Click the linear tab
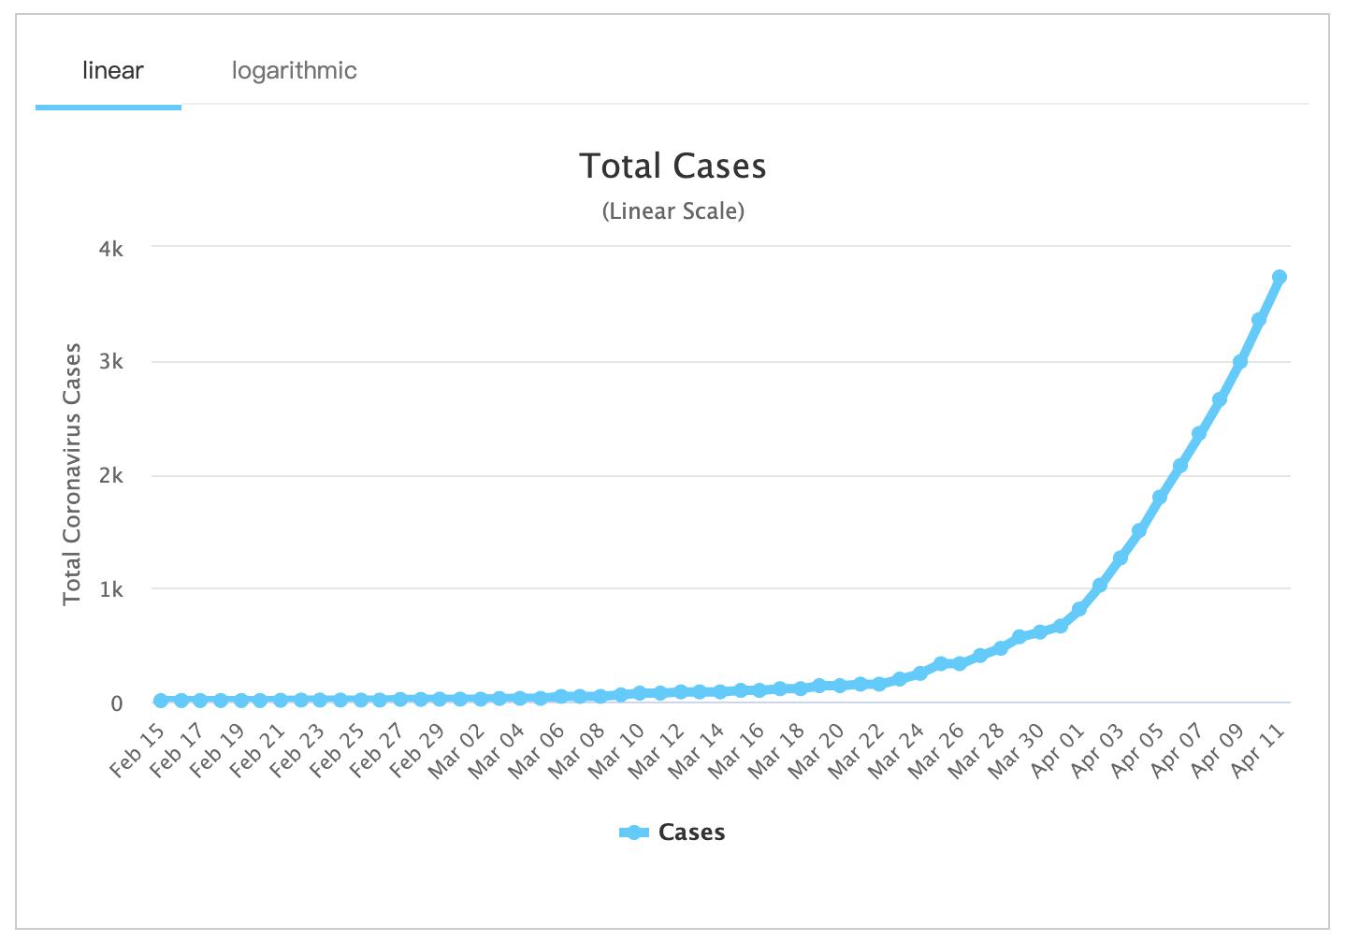[x=112, y=71]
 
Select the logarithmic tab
[x=294, y=71]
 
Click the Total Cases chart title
[x=672, y=166]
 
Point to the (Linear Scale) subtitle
[x=672, y=211]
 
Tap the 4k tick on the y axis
[x=111, y=249]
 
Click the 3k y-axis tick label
[x=111, y=362]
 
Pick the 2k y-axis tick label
[x=111, y=476]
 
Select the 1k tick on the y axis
[x=111, y=590]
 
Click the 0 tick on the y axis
[x=117, y=703]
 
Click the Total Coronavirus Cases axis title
[x=72, y=474]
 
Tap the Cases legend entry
[x=672, y=832]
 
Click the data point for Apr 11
[x=1280, y=277]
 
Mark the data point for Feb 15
[x=161, y=701]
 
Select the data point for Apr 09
[x=1239, y=362]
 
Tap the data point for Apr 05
[x=1160, y=498]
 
